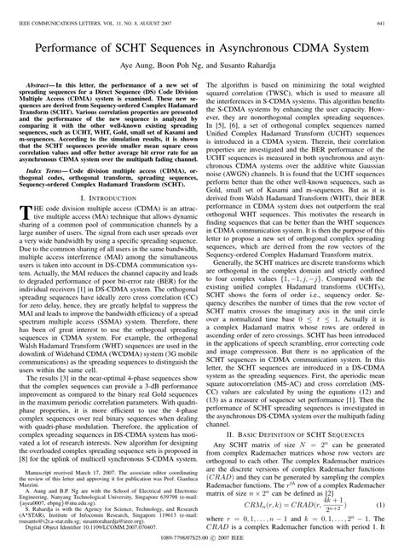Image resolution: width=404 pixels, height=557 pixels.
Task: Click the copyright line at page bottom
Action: pos(202,550)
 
